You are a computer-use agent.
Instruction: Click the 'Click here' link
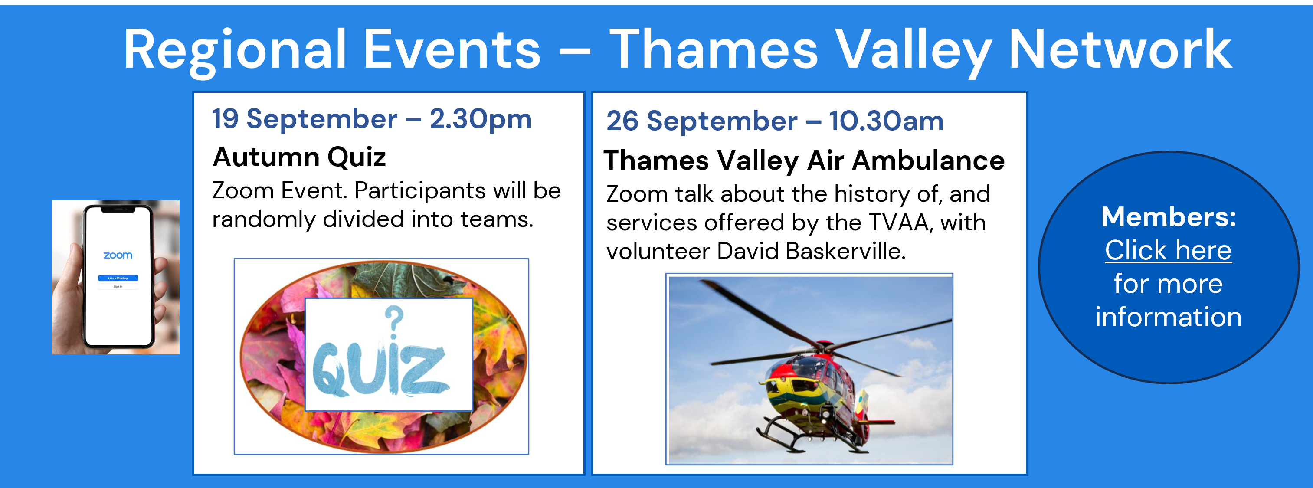[x=1168, y=250]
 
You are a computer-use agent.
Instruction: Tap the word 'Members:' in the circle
[x=1169, y=217]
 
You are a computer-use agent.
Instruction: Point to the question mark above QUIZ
[x=393, y=322]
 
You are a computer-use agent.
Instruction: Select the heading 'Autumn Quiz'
[x=299, y=157]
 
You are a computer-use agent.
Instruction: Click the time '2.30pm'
[x=481, y=120]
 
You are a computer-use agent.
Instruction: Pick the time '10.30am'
[x=886, y=121]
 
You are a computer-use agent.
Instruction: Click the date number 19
[x=225, y=119]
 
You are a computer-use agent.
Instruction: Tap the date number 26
[x=622, y=121]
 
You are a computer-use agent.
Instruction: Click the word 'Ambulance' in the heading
[x=928, y=160]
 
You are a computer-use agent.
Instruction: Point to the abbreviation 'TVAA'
[x=900, y=223]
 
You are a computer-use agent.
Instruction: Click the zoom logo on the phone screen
[x=118, y=255]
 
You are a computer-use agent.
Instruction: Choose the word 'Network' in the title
[x=1120, y=49]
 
